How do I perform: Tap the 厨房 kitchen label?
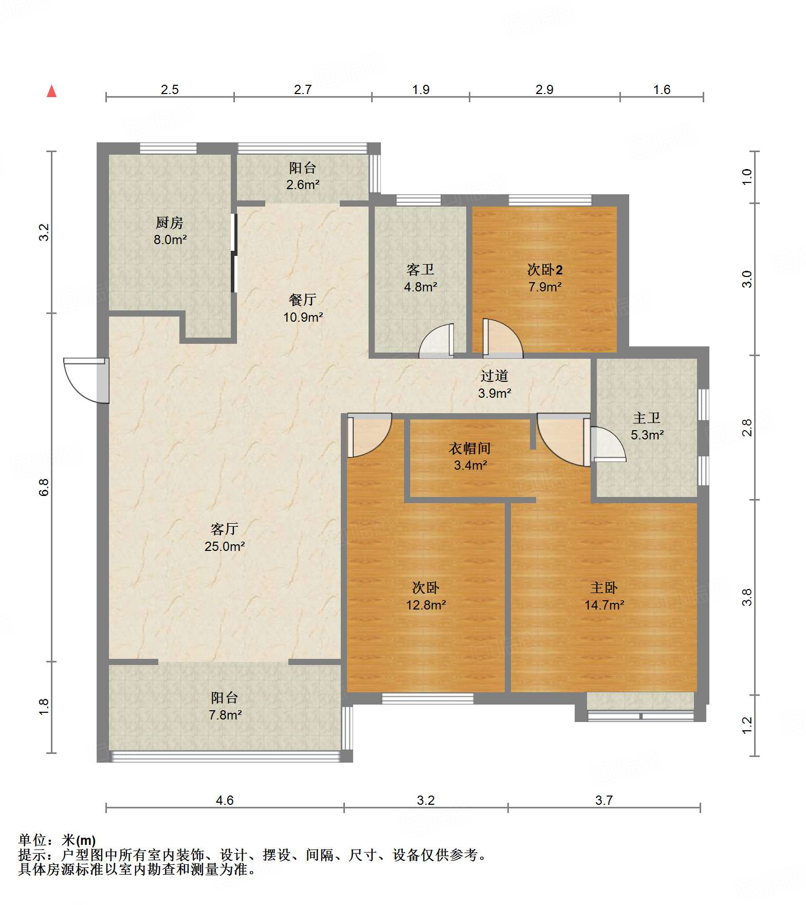[x=170, y=231]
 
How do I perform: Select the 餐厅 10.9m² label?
[x=303, y=308]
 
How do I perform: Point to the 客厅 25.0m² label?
[x=225, y=538]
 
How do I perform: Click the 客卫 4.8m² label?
[x=420, y=278]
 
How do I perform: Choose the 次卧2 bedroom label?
[x=545, y=278]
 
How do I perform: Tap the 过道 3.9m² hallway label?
[x=494, y=384]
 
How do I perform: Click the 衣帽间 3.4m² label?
[x=470, y=456]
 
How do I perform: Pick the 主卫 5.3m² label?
[x=647, y=426]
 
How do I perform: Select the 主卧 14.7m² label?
[x=604, y=596]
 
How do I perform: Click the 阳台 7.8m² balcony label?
[x=225, y=706]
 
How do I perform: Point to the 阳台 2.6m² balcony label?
[x=303, y=176]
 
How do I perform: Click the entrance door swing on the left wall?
[x=85, y=380]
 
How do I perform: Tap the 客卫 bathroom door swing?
[x=436, y=340]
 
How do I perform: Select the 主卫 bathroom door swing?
[x=608, y=444]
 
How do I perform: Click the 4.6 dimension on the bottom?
[x=225, y=800]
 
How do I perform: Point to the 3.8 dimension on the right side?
[x=747, y=597]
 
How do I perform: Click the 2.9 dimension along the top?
[x=544, y=89]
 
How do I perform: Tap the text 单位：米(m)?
[x=57, y=840]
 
